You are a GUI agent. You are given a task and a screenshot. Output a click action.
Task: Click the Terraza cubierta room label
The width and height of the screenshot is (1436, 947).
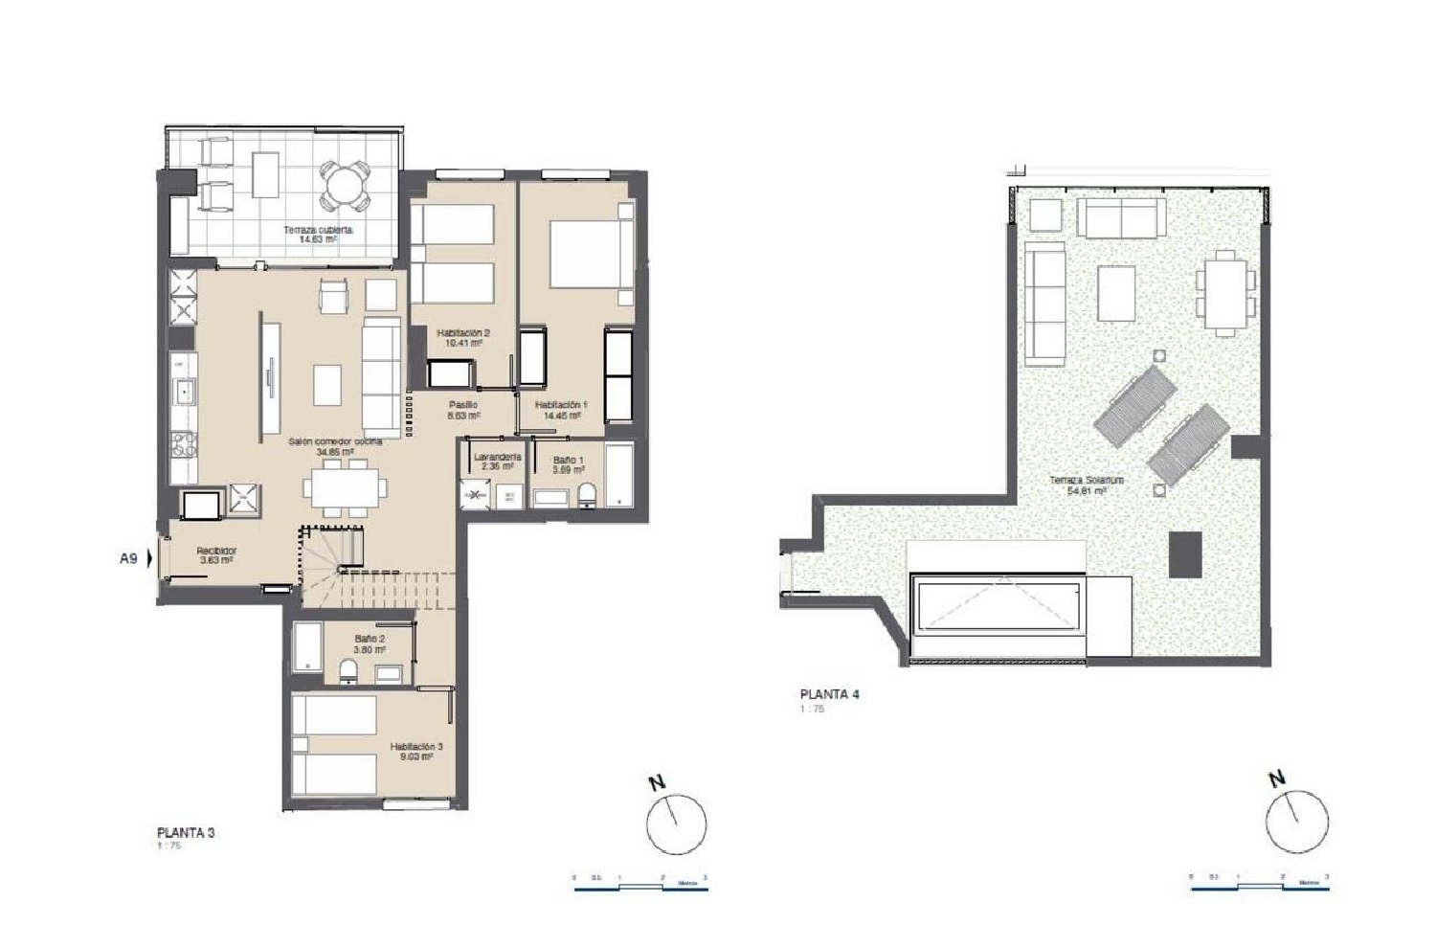(317, 230)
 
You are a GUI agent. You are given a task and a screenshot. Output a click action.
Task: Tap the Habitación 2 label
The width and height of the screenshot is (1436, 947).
(463, 333)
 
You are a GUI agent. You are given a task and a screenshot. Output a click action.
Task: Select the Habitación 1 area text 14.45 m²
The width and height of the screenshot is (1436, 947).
(561, 417)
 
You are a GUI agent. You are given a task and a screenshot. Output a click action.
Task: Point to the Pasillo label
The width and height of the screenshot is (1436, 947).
(463, 405)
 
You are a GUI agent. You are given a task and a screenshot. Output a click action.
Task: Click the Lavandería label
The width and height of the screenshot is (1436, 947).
(498, 457)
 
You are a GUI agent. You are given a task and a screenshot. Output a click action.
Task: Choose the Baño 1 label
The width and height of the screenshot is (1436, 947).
(568, 461)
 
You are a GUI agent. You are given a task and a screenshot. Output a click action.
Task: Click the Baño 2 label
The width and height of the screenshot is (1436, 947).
(370, 639)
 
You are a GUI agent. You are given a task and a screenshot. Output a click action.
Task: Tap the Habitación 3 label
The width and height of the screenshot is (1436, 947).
(415, 747)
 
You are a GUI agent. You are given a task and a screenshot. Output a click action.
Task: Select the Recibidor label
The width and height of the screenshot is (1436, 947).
(216, 551)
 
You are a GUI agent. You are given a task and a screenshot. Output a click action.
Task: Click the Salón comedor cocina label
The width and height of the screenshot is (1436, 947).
(335, 441)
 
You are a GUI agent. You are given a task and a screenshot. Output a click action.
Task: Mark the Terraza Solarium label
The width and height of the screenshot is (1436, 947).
(1087, 480)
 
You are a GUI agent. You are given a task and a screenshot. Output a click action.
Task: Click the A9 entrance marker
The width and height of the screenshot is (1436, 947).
(129, 557)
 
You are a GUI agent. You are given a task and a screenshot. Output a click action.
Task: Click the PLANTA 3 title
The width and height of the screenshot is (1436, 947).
(186, 832)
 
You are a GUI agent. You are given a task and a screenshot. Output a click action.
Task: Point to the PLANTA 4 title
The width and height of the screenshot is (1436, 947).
(829, 694)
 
